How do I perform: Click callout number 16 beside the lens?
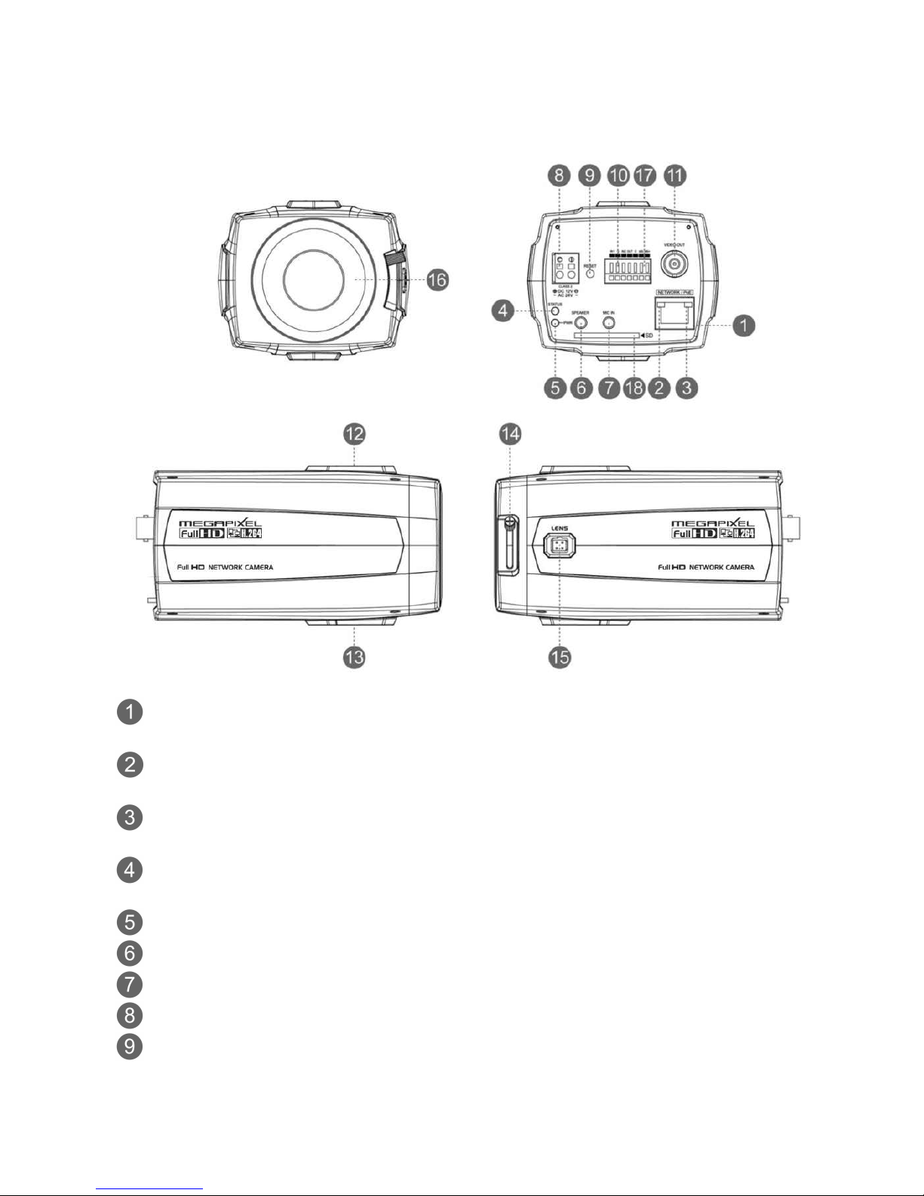click(437, 280)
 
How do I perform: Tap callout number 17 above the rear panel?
click(646, 175)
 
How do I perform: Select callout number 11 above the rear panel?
click(674, 175)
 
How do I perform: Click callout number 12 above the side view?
click(355, 433)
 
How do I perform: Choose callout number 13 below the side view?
click(355, 657)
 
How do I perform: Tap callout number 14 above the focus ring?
click(511, 433)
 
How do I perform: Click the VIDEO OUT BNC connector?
click(674, 264)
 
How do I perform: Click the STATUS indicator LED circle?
click(555, 310)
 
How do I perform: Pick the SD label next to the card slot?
click(646, 334)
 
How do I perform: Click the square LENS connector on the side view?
click(558, 546)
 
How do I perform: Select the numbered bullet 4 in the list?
click(130, 870)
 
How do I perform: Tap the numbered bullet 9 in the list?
click(130, 1047)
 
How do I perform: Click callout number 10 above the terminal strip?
click(618, 175)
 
